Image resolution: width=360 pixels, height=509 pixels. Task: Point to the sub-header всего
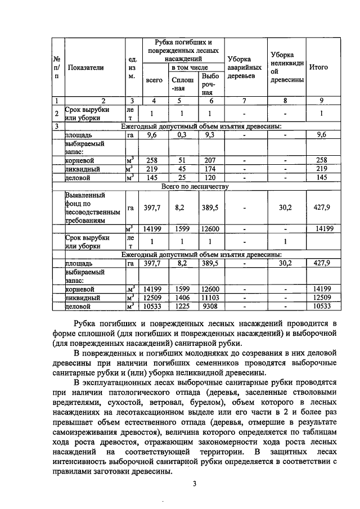[x=154, y=80]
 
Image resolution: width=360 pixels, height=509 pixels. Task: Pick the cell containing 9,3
[x=210, y=135]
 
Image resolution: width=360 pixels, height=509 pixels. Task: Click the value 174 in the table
[x=210, y=169]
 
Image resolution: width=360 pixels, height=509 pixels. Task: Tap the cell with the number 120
[x=210, y=177]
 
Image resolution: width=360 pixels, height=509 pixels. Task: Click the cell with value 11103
[x=210, y=297]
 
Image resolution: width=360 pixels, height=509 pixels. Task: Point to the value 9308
[x=210, y=305]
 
